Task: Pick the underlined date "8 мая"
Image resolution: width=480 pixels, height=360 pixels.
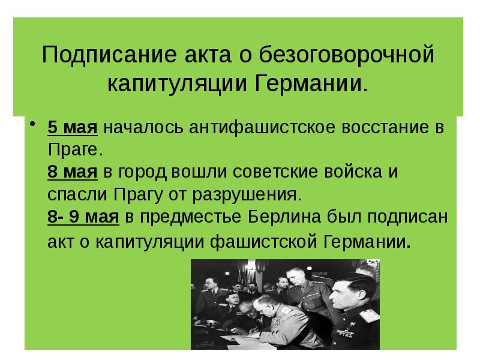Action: pyautogui.click(x=73, y=172)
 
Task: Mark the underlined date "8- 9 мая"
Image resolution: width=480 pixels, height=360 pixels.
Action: pyautogui.click(x=83, y=217)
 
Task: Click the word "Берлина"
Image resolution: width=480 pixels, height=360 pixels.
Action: pyautogui.click(x=286, y=217)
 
